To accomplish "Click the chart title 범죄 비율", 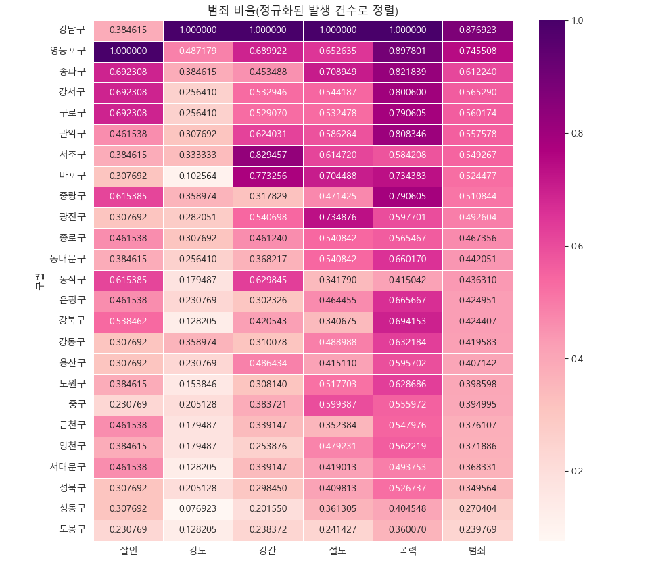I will [302, 10].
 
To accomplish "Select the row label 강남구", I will [72, 30].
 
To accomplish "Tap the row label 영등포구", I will [68, 51].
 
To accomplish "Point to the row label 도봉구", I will [72, 530].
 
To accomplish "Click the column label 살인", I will [128, 551].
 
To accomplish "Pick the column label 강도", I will [198, 551].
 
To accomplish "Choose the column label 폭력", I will [408, 551].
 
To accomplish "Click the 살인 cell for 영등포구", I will [128, 51].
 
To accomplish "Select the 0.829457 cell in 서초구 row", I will [268, 155].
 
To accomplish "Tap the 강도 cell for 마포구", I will [198, 176].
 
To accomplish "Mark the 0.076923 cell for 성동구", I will [198, 509].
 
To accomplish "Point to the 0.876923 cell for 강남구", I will [477, 30].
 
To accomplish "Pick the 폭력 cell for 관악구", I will [408, 134].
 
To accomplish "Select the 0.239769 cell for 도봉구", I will [477, 530].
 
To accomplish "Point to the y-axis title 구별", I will [39, 280].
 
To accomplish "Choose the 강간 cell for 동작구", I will [268, 280].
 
